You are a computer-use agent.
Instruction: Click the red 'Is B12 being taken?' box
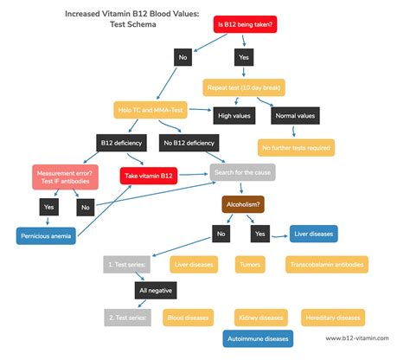click(x=247, y=24)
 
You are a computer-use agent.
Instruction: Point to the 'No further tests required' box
click(x=297, y=147)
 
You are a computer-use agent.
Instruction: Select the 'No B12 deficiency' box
click(x=189, y=143)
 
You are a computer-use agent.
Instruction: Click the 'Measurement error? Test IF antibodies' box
click(x=65, y=176)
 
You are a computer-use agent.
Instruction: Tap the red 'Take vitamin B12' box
click(x=149, y=176)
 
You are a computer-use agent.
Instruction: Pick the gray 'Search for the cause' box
click(x=243, y=172)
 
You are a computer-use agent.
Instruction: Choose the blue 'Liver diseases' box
click(x=314, y=233)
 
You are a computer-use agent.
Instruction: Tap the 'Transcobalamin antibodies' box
click(x=326, y=264)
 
